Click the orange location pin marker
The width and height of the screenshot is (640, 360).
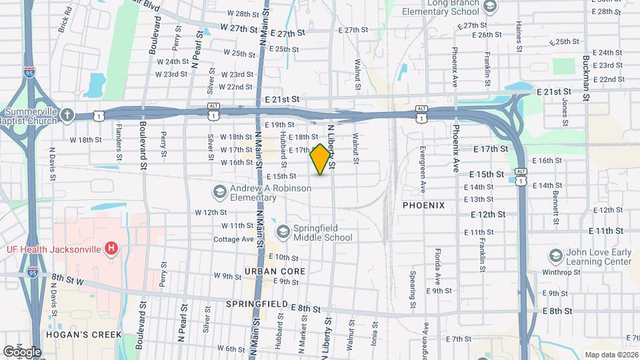click(321, 159)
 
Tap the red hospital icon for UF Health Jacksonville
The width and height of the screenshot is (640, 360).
click(112, 249)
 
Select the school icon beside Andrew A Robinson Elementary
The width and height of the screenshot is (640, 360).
click(219, 193)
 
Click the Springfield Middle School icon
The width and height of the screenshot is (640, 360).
click(283, 231)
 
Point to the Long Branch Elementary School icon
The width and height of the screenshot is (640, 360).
click(491, 7)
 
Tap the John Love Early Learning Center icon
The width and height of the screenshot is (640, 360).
click(555, 257)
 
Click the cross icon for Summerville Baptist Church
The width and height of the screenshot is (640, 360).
click(67, 115)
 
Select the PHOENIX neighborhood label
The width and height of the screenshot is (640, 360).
click(423, 205)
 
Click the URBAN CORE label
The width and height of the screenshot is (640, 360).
click(275, 271)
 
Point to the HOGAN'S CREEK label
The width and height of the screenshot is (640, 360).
click(83, 334)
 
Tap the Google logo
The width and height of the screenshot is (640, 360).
click(21, 351)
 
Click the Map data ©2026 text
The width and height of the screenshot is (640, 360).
click(611, 354)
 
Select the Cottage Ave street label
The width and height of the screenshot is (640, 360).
click(233, 239)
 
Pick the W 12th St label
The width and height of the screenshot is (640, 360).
click(211, 212)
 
